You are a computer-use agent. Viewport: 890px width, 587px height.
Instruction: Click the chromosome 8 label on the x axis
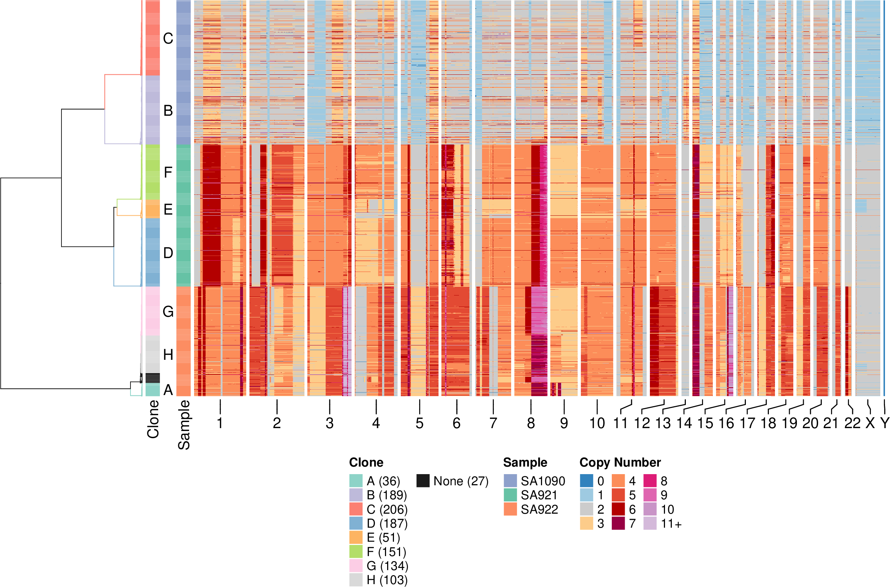531,423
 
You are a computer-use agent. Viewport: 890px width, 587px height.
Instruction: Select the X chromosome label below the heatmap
870,423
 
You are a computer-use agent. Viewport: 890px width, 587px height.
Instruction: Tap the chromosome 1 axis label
220,423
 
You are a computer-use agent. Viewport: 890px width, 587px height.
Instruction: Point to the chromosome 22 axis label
852,423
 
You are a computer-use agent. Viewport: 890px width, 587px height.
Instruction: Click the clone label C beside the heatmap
168,38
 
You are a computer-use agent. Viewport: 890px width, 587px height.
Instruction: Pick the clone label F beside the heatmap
168,173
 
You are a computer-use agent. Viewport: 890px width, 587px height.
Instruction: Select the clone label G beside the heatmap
168,311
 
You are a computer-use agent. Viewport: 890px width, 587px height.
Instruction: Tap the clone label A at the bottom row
168,390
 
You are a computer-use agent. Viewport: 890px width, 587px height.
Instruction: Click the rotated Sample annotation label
184,425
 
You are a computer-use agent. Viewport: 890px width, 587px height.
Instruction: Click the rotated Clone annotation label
153,419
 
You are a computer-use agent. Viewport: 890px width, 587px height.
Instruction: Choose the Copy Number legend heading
620,463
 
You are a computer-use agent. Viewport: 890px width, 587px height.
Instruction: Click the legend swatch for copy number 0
587,481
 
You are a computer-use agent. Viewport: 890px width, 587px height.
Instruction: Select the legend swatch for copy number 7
618,523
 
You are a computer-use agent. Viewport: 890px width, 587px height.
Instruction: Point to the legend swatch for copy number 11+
650,523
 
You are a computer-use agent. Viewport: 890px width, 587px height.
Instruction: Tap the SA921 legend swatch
510,495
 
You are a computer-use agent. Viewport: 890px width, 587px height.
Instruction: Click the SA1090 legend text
543,481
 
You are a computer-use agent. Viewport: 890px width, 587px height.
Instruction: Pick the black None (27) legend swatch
423,481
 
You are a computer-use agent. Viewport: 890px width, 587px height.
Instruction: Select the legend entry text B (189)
387,495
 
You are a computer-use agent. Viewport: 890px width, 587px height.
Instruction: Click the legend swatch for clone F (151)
356,552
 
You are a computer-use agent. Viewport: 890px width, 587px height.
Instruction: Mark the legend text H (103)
387,580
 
